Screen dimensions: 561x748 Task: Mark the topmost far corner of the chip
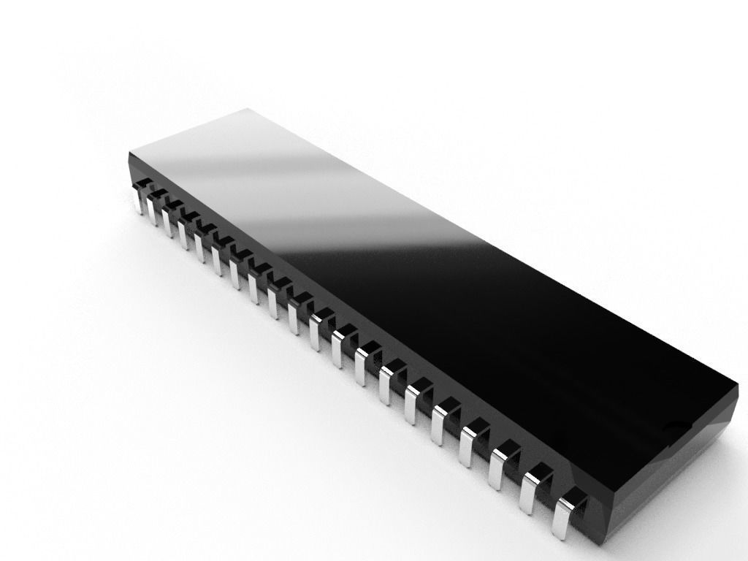(x=247, y=110)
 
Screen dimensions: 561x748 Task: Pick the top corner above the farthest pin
(x=130, y=153)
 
